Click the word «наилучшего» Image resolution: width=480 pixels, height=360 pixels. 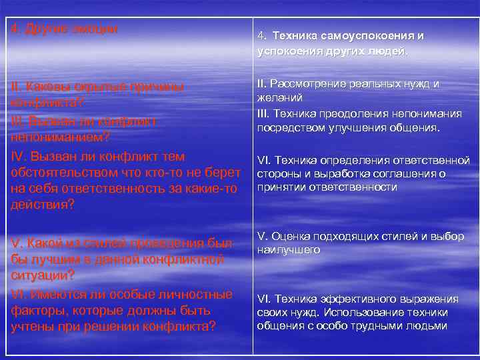click(x=288, y=250)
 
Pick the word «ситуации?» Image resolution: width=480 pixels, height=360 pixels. click(x=43, y=275)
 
